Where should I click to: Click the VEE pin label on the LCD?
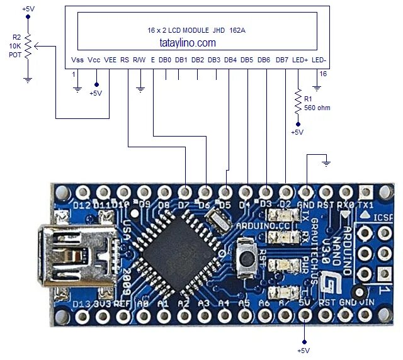coord(110,60)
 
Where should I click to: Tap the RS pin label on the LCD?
coord(125,60)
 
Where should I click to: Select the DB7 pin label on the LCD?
coord(282,60)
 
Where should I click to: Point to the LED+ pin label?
coord(300,60)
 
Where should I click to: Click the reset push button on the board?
coord(246,257)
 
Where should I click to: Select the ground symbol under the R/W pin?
coord(140,89)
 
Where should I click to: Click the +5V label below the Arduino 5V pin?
coord(304,350)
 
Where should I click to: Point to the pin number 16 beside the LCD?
coord(322,74)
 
